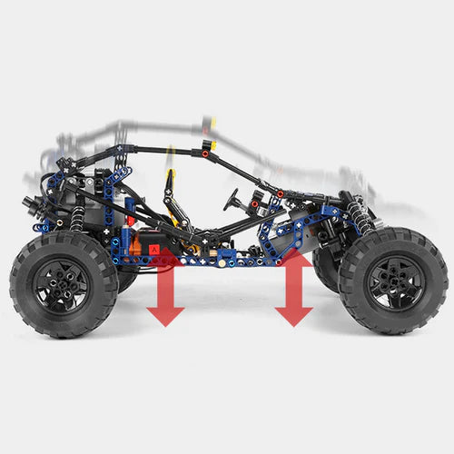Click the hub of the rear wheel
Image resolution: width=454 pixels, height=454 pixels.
(62, 284)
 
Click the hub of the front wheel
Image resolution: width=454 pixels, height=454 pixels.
(392, 280)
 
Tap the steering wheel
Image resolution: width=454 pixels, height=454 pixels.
(234, 200)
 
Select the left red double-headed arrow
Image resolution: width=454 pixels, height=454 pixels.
(165, 289)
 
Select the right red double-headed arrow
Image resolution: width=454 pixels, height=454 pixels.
(293, 289)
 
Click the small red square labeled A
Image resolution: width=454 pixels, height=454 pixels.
(155, 246)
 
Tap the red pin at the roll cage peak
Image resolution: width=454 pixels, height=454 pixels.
(206, 155)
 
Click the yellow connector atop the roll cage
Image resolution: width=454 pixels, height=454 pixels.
(212, 143)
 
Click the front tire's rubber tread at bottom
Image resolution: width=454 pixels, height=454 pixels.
(392, 329)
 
